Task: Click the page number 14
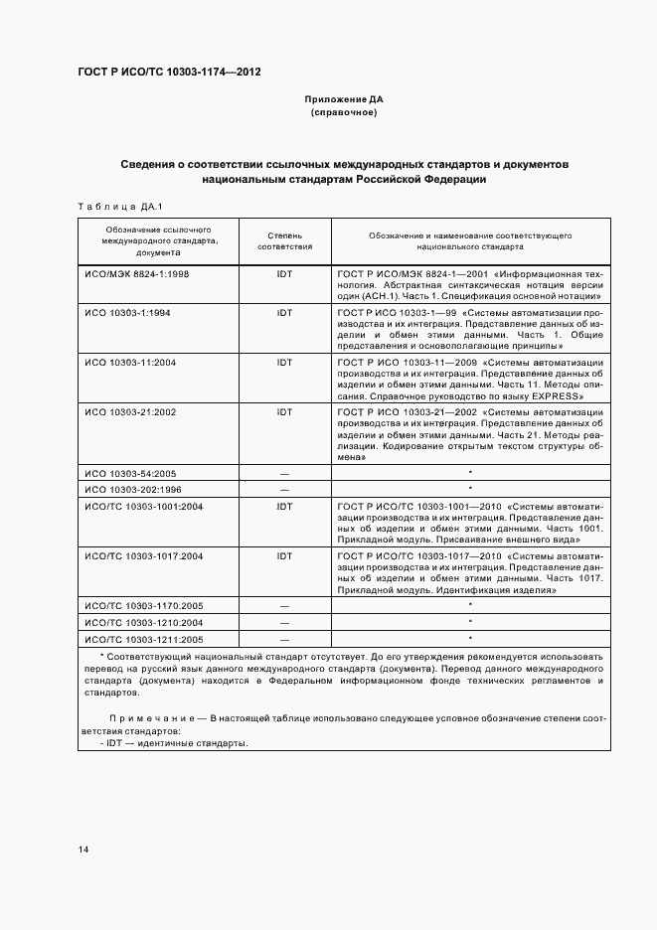point(83,850)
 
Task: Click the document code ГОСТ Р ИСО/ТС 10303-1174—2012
point(169,73)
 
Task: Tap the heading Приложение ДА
point(343,100)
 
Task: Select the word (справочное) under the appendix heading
point(343,113)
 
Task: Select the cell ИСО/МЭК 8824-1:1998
point(136,273)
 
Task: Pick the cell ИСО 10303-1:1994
point(127,312)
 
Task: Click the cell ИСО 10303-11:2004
point(130,363)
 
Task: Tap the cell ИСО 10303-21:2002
point(130,410)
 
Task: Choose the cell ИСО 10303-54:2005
point(130,473)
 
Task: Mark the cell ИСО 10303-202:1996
point(133,489)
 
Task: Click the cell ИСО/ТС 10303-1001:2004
point(144,506)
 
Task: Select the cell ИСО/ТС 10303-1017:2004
point(144,555)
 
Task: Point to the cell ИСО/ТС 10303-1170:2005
point(144,605)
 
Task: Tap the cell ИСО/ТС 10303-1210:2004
point(144,622)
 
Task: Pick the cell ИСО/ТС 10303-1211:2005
point(144,639)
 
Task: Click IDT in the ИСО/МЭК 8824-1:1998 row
point(285,273)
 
